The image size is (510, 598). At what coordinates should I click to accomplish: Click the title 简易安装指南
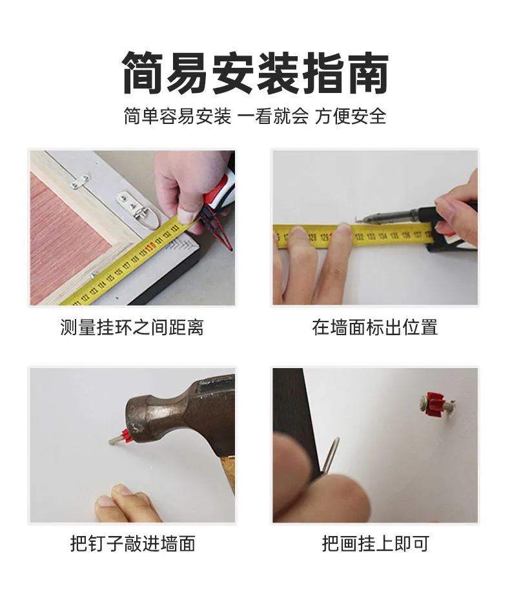255,73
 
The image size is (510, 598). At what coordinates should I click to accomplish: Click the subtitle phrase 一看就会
273,116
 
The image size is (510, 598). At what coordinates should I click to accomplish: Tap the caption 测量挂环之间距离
132,327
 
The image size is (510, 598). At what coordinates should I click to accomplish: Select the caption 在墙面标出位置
374,327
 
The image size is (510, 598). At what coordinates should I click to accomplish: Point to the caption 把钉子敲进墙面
132,544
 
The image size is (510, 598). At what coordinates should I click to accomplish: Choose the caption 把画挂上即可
376,544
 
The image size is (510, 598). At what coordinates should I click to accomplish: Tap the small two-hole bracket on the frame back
81,183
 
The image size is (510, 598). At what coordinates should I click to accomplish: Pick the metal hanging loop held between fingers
330,457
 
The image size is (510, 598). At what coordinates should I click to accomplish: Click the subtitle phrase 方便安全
351,116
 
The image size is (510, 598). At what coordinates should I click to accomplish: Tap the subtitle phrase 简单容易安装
178,116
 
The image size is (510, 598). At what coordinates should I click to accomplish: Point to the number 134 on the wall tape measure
383,236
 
